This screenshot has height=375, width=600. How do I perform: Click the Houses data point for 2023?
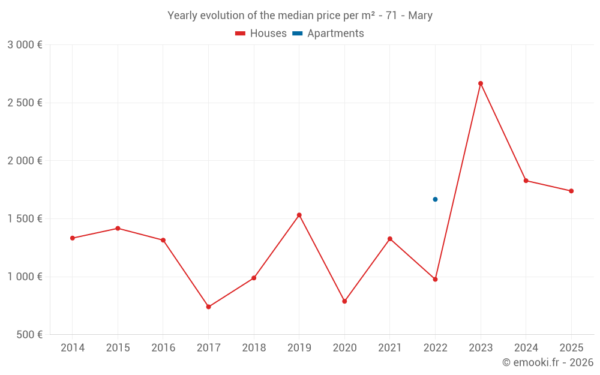click(x=481, y=83)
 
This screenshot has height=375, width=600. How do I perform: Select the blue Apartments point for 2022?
click(x=435, y=199)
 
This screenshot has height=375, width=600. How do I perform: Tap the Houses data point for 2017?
click(x=208, y=307)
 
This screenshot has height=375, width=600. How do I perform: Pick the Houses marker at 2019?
click(x=299, y=215)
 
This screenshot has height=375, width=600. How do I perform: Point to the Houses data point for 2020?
click(x=344, y=301)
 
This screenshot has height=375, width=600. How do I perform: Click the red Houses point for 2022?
click(x=435, y=279)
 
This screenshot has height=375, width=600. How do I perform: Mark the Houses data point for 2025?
click(x=571, y=191)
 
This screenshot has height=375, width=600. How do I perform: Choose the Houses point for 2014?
click(x=73, y=238)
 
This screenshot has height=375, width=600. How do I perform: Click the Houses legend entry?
click(x=261, y=34)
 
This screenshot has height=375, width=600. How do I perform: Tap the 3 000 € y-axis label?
click(x=25, y=45)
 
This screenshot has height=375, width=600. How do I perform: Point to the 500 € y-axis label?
click(x=29, y=335)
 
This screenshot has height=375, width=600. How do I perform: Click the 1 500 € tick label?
click(x=25, y=219)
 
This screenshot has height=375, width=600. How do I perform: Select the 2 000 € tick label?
click(x=25, y=161)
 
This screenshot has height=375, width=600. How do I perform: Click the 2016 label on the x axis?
click(x=163, y=348)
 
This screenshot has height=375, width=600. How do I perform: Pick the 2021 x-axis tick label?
click(x=390, y=348)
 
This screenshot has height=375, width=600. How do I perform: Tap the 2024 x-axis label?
click(x=526, y=348)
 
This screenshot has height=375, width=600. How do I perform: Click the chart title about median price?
click(x=300, y=16)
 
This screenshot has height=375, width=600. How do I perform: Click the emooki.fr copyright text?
click(x=548, y=362)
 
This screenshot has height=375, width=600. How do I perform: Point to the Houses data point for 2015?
click(x=118, y=229)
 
